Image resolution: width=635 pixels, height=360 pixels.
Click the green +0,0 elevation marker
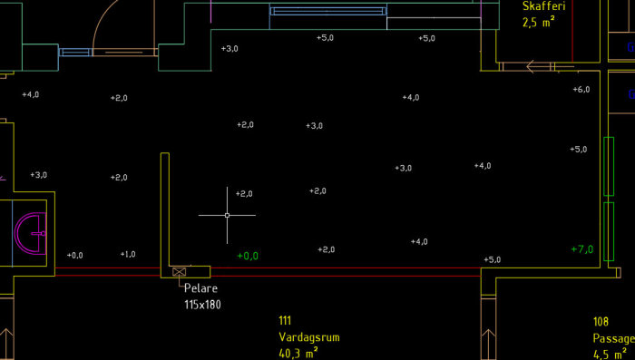pos(248,256)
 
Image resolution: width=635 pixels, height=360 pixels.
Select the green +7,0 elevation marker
pos(582,249)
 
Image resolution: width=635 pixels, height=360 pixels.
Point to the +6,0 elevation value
pos(581,90)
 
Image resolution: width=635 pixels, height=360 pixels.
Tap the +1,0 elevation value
pos(128,254)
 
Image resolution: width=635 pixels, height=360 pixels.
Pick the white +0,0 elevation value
pos(75,255)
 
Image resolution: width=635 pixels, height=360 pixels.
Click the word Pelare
pos(200,288)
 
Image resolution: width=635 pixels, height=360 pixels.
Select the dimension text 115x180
pos(203,305)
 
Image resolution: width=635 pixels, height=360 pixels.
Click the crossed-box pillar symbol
pos(179,272)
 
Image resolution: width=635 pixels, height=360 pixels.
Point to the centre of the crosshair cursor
pos(227,216)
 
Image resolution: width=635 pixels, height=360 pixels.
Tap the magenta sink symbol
pos(31,234)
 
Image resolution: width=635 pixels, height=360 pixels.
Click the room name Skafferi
pos(544,6)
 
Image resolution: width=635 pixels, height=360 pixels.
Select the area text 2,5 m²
pos(538,22)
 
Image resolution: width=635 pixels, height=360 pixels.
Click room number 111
pos(285,321)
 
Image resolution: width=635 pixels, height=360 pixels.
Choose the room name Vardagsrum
pos(309,337)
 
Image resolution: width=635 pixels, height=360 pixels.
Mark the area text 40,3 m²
pos(298,354)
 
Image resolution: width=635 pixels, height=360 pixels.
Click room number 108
pos(601,322)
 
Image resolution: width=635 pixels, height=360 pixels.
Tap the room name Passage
pos(614,338)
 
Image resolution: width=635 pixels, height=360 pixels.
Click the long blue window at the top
pos(328,12)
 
